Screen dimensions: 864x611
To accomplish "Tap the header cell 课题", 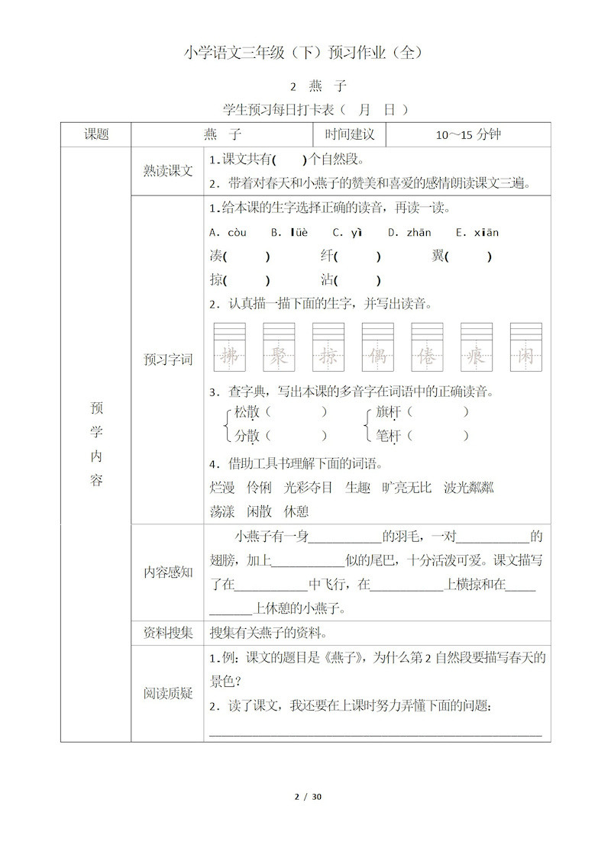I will point(96,134).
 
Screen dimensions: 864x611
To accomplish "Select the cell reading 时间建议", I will point(350,134).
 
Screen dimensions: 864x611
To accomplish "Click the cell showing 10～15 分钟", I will point(468,135).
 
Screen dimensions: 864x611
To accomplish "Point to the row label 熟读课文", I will point(168,172).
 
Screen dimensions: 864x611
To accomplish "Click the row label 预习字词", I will point(168,359).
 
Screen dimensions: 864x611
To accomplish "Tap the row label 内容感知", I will point(168,572).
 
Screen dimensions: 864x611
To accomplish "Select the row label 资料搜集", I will point(168,633).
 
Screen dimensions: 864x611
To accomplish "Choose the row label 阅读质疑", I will point(168,693).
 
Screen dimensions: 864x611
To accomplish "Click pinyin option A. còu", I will point(228,233).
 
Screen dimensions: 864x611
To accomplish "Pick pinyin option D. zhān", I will point(409,233).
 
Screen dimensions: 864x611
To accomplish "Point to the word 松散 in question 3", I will point(247,412).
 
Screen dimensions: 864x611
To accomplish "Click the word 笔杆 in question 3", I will point(390,437).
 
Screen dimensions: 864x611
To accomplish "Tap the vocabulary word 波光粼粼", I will point(468,487).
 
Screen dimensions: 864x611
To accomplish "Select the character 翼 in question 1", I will point(438,256).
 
